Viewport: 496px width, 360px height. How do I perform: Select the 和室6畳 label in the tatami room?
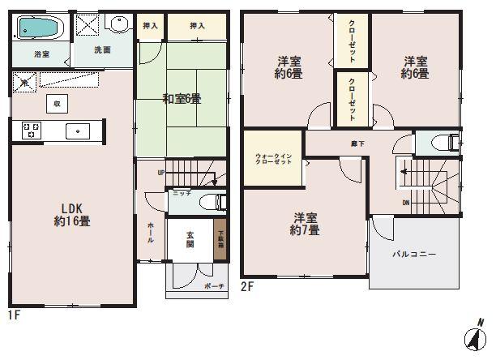182,99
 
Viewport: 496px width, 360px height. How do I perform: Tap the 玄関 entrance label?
191,240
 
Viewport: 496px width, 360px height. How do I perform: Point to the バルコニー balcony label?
415,254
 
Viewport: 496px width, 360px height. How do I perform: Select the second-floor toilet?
443,142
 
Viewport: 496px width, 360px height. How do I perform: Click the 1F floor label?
13,312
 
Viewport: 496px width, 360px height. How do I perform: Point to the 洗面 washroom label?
103,50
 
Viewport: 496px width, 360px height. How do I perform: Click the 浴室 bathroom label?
41,54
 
